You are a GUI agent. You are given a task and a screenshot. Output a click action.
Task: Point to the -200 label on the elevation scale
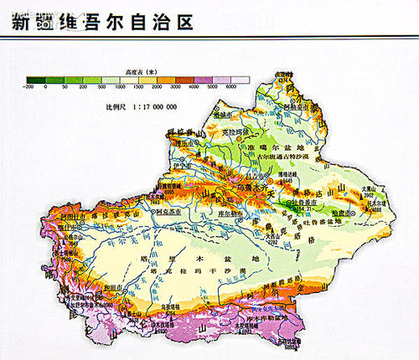29,87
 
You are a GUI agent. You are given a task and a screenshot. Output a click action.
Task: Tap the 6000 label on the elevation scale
231,87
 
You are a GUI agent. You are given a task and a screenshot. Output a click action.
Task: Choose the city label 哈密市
343,213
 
